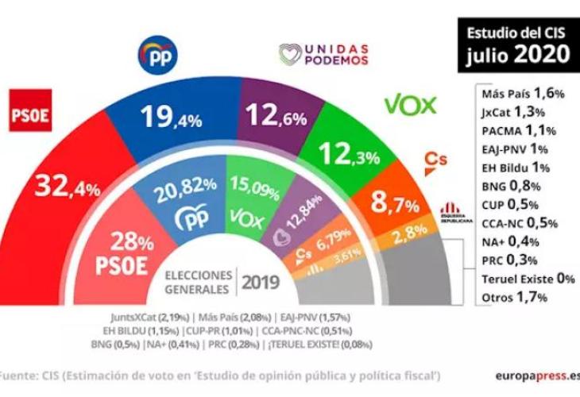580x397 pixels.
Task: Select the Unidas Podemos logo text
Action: click(323, 54)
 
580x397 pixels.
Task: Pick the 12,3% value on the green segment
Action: click(345, 153)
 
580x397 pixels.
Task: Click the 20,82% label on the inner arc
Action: click(185, 184)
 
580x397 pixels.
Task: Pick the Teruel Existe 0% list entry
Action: click(527, 279)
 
